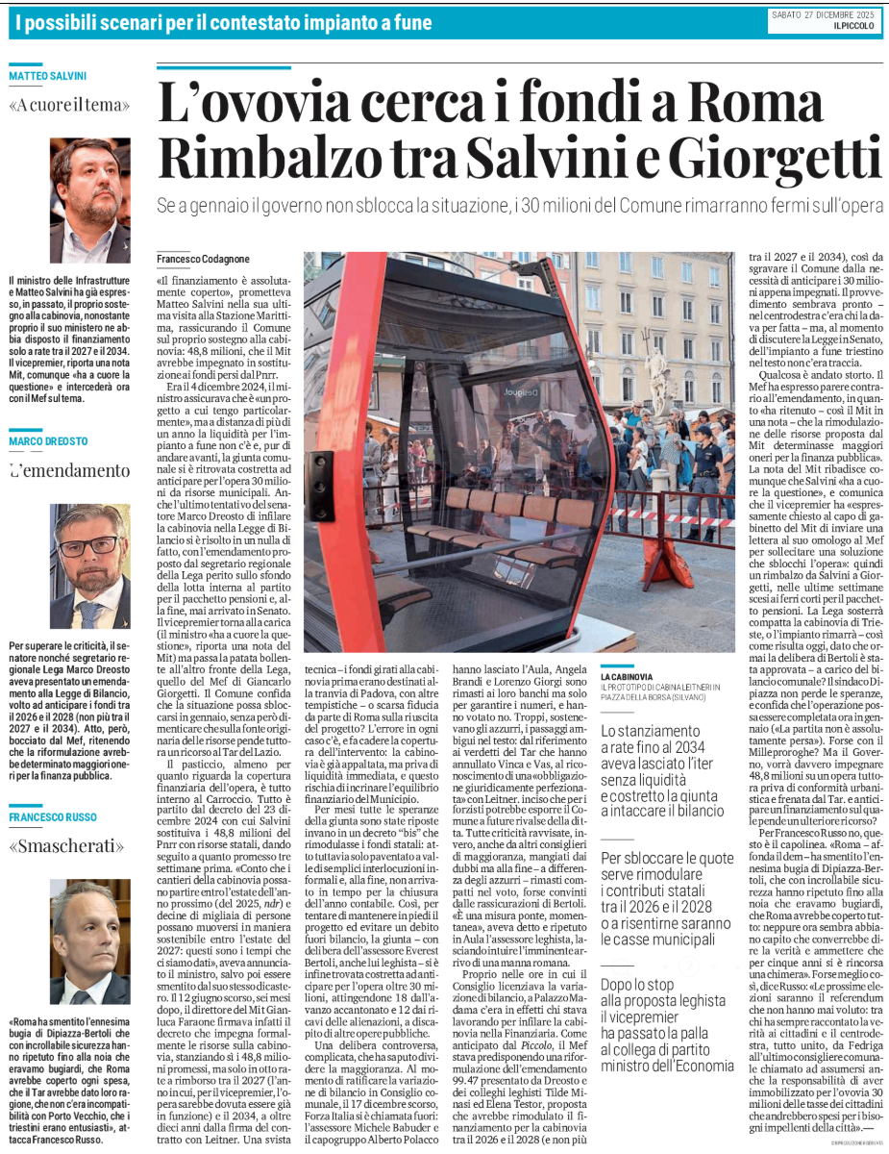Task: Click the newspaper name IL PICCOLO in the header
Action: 855,27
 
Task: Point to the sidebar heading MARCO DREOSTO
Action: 48,441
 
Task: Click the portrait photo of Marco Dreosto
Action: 90,567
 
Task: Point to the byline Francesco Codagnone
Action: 204,261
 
